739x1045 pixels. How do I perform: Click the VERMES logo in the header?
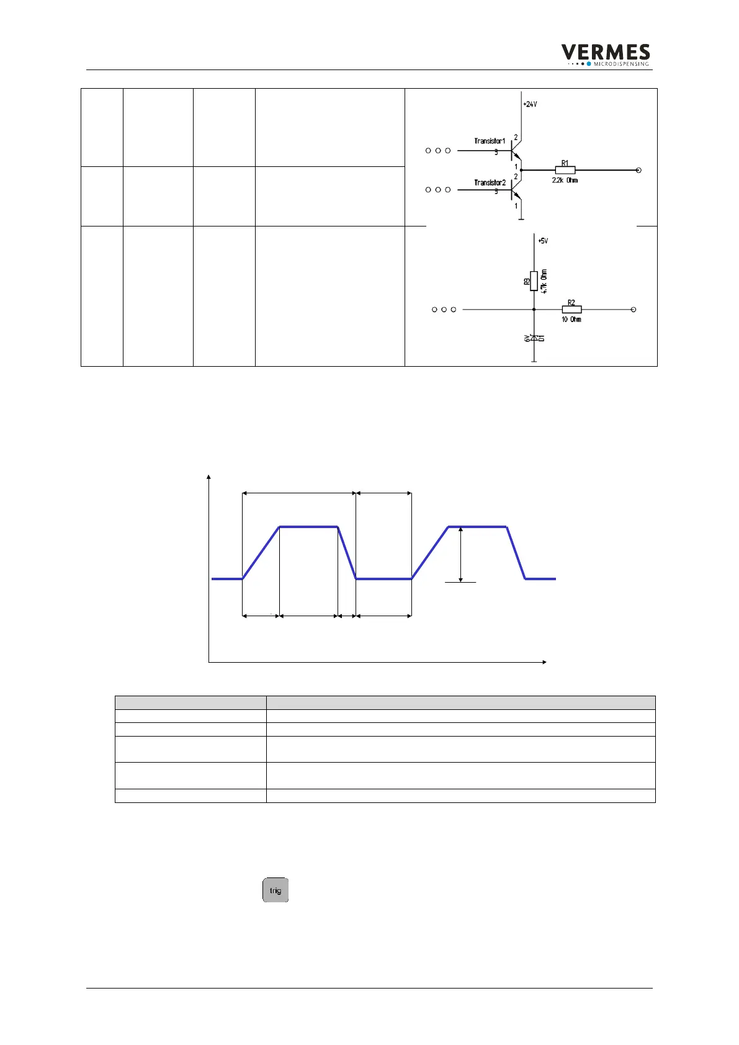[605, 54]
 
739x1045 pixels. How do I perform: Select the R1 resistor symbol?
[565, 170]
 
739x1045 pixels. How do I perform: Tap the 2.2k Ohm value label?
[565, 181]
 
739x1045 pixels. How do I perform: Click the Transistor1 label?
[490, 141]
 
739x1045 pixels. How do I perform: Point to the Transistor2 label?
[490, 183]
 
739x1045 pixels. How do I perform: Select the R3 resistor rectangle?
[534, 280]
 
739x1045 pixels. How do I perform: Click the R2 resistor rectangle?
[571, 309]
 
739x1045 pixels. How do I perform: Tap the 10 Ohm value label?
[571, 320]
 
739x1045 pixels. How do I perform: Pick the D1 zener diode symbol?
[534, 338]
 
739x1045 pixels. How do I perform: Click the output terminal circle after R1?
[639, 170]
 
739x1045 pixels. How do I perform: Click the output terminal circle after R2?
[634, 309]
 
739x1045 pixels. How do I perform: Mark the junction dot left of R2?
[534, 309]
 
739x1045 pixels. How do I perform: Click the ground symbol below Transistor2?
[521, 218]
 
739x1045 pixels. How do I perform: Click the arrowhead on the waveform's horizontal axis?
[544, 662]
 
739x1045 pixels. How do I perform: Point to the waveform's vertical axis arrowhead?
[209, 477]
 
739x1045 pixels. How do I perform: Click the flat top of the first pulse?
[308, 527]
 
